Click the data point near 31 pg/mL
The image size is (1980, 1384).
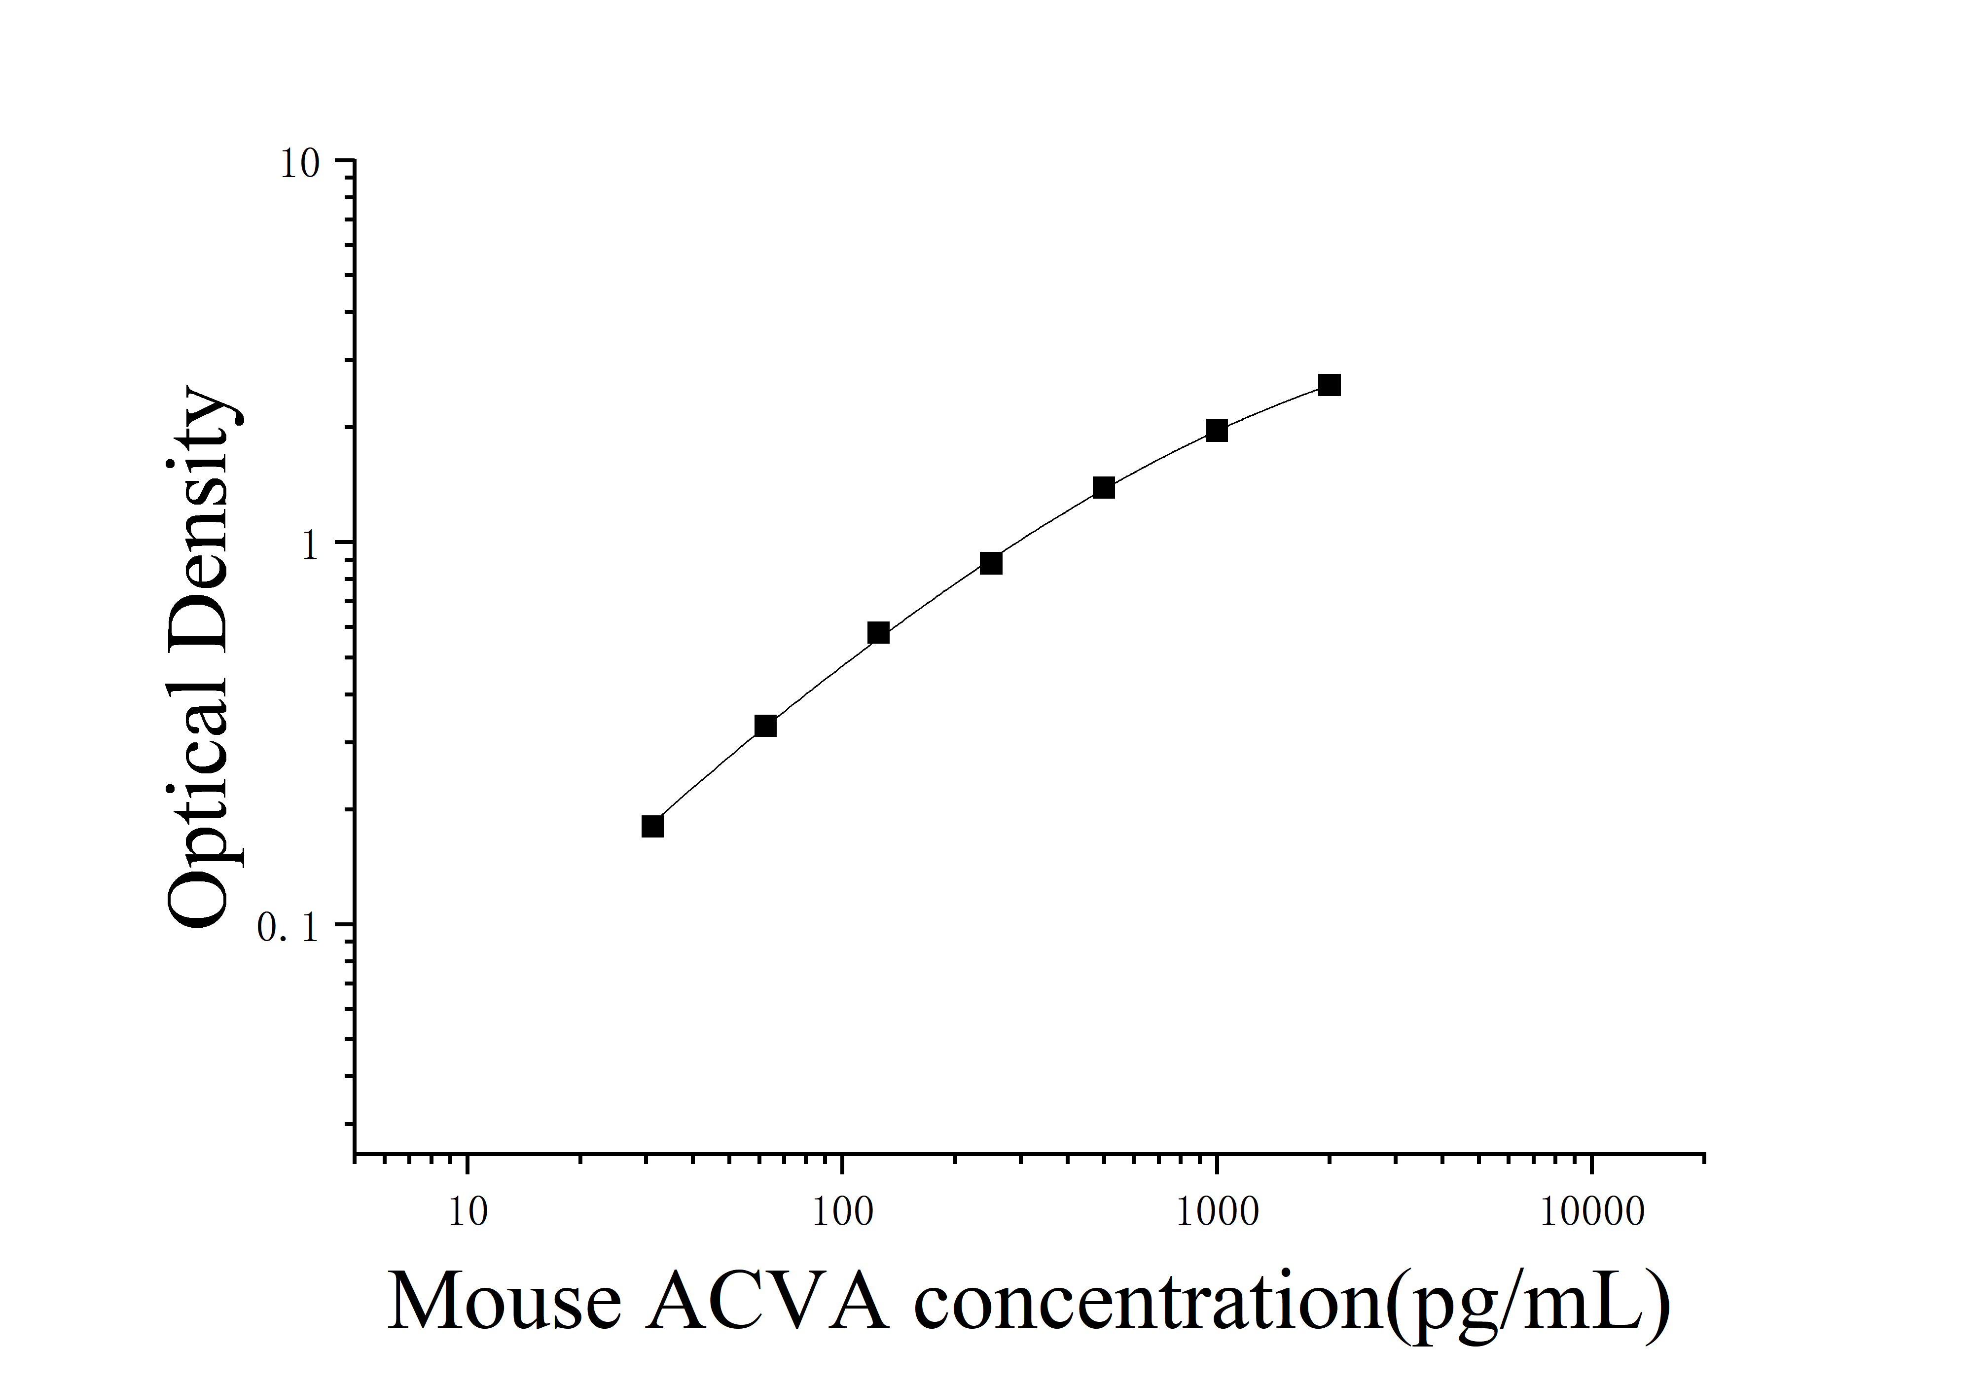coord(653,826)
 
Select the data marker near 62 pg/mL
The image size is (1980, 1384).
coord(765,726)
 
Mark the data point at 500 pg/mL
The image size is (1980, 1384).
coord(1104,488)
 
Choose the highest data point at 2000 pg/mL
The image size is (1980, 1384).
coord(1330,385)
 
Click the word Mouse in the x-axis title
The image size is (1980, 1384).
coord(504,1302)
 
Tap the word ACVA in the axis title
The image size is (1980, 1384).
coord(767,1302)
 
